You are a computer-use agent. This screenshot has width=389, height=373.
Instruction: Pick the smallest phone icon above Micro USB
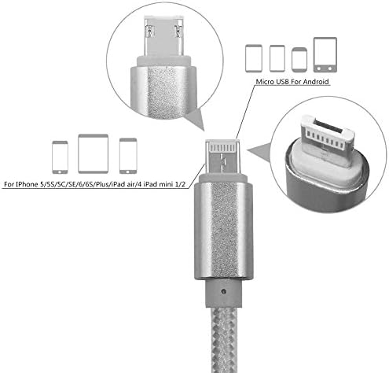coord(298,58)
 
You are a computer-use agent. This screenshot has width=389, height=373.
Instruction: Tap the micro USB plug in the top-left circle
coord(162,36)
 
